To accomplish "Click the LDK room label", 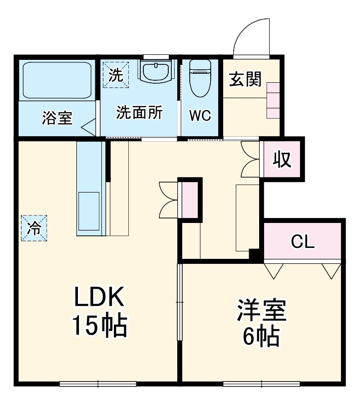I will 99,298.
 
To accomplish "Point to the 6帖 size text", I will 261,338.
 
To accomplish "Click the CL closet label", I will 303,242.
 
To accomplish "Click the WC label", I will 200,115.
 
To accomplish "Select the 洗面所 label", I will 139,113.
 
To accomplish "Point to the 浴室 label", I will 57,118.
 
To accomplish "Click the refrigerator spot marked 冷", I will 34,228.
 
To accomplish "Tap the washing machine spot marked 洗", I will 116,75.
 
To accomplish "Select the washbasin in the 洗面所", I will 155,71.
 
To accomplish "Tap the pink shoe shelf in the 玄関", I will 273,100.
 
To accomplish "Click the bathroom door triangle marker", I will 88,126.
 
